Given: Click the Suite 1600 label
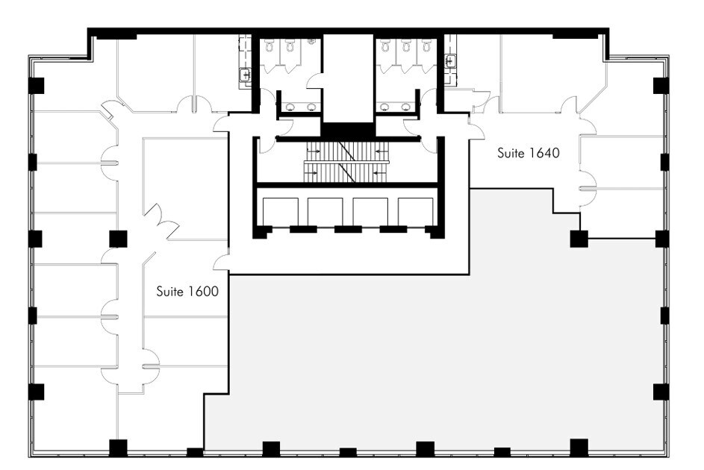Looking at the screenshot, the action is pos(187,292).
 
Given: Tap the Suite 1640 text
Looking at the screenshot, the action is pos(529,153).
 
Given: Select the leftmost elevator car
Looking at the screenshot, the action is pos(281,212).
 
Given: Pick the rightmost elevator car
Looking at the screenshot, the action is pos(415,212).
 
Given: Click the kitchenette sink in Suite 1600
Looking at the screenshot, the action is pos(245,75).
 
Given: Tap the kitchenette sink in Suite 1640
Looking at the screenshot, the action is pos(450,60).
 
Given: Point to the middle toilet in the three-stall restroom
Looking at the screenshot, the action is pos(406,45).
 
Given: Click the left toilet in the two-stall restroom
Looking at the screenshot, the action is pos(270,45).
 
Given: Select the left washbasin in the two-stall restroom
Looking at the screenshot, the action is pos(290,107).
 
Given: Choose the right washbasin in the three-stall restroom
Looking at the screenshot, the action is pos(406,107).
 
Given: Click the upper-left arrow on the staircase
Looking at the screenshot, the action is pos(314,151).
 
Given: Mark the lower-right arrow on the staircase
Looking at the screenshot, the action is pos(380,172).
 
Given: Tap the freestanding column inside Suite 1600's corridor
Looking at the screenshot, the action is pos(118,239).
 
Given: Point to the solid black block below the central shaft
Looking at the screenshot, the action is pos(348,131).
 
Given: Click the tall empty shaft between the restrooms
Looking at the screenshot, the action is pos(349,78).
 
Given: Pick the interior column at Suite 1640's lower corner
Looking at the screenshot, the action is pos(579,239).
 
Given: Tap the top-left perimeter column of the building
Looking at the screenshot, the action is pos(37,86).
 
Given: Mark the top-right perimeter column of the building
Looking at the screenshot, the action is pos(661,86).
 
